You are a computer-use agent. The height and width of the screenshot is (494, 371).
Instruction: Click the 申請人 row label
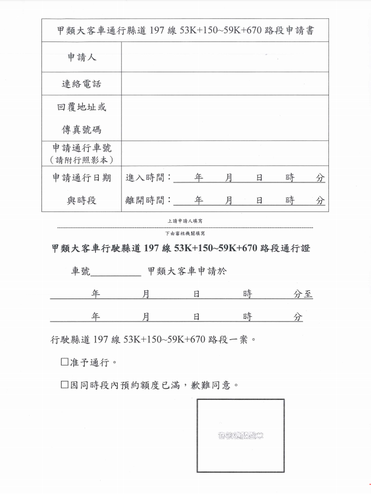point(82,57)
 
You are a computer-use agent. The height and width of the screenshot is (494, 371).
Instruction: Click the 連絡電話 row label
point(82,84)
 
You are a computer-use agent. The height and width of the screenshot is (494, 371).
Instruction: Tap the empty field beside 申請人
point(225,57)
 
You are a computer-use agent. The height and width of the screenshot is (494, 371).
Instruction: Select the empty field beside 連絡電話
point(225,84)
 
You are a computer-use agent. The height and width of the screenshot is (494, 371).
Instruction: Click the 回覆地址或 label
point(82,107)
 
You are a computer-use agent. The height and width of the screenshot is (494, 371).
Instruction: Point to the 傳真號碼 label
point(82,130)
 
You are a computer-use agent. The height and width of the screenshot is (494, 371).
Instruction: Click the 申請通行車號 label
point(82,148)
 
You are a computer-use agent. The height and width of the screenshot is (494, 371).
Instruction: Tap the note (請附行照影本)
point(82,159)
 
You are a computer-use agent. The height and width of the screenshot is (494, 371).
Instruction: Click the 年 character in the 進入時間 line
point(199,178)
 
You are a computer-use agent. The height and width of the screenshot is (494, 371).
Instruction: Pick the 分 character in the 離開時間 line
point(320,200)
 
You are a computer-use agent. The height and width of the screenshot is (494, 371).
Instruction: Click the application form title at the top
point(185,28)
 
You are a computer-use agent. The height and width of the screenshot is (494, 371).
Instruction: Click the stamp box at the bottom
point(240,436)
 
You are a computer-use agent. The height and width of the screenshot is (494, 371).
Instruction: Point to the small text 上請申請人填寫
point(185,220)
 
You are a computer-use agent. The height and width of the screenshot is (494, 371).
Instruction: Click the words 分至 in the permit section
point(304,294)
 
